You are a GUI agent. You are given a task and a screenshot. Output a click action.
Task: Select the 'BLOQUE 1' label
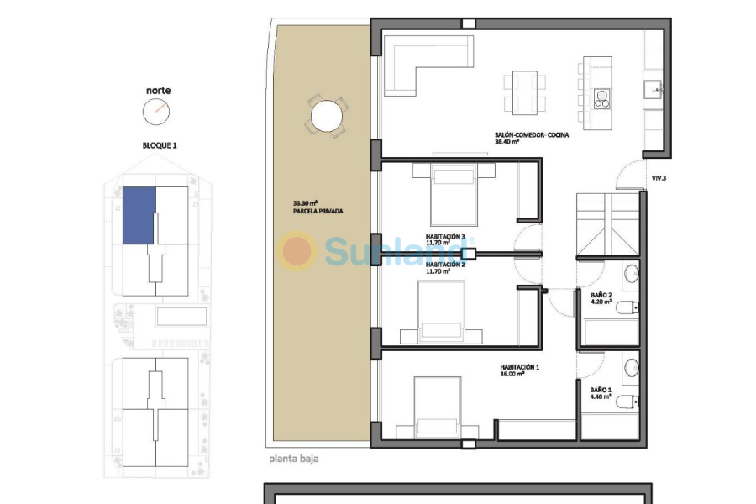click(x=159, y=145)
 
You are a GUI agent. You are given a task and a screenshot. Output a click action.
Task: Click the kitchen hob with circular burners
click(x=601, y=98)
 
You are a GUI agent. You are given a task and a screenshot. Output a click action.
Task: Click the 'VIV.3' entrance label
click(x=659, y=178)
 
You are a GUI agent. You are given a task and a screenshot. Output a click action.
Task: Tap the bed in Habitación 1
click(x=437, y=405)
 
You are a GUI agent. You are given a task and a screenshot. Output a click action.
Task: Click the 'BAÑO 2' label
click(x=601, y=296)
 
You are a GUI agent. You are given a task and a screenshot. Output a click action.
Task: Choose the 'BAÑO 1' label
click(x=601, y=390)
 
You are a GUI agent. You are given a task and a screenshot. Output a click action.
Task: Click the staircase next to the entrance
click(x=608, y=223)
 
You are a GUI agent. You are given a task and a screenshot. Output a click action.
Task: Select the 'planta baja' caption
click(x=294, y=459)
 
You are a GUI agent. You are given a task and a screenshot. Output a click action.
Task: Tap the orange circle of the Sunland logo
click(x=297, y=251)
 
